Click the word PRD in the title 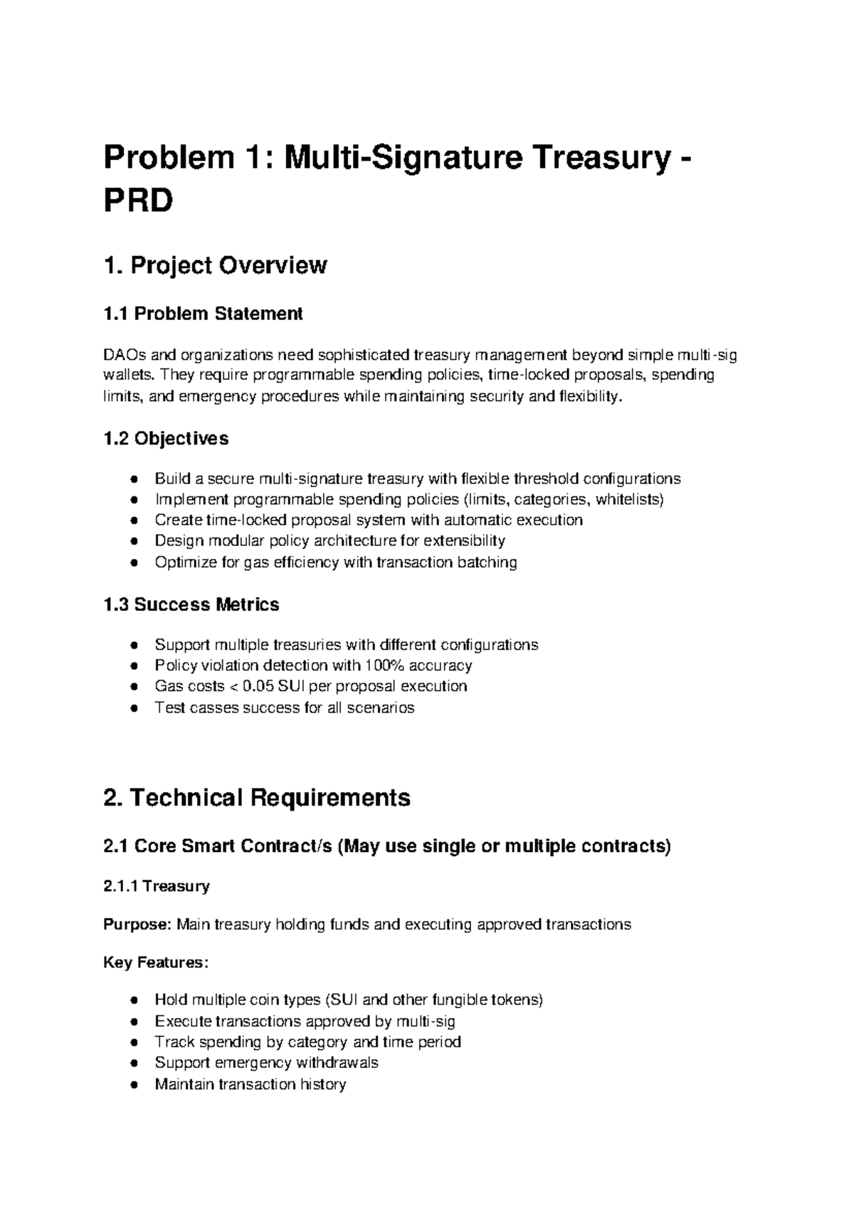click(138, 202)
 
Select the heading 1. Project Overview click(215, 266)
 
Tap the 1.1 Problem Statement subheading click(203, 314)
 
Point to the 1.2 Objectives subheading click(166, 439)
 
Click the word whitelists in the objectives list click(629, 499)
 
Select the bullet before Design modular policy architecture click(133, 542)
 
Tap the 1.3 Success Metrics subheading click(191, 605)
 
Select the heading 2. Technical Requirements click(256, 798)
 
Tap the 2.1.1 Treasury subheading click(157, 887)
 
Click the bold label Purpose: click(137, 925)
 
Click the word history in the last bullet click(322, 1085)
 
